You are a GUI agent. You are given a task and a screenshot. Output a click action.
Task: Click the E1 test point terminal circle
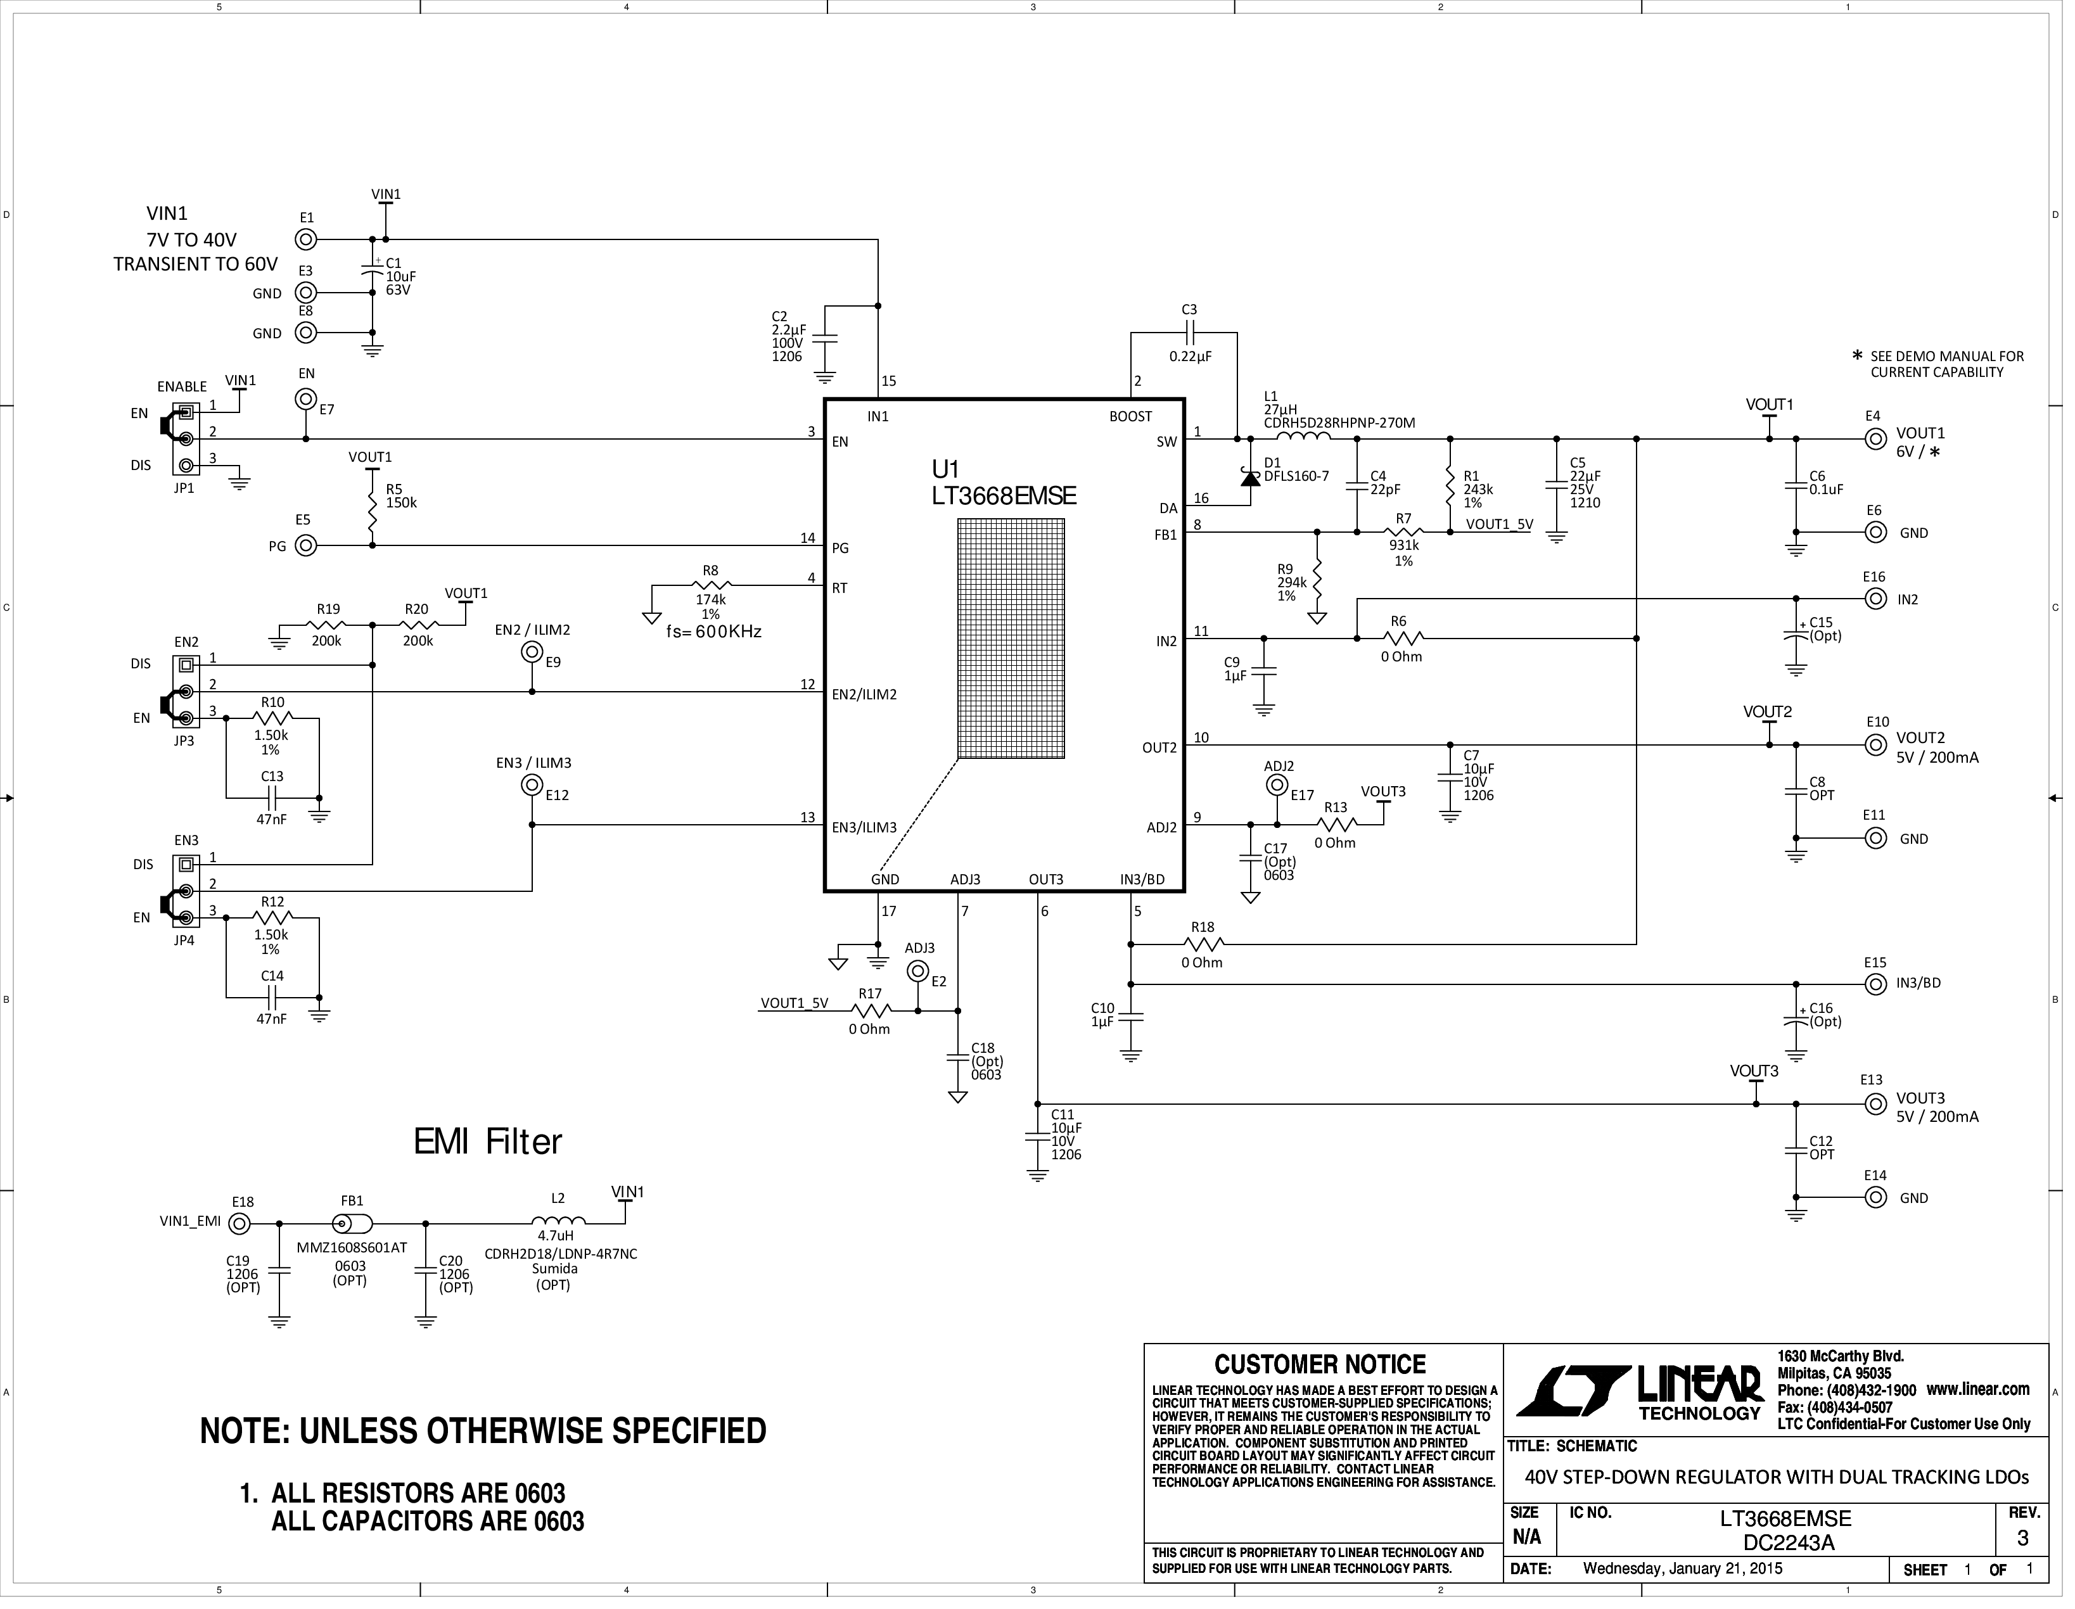coord(306,239)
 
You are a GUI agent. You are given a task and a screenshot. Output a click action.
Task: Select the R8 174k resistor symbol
coord(711,585)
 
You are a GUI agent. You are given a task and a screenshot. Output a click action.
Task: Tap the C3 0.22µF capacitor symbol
coord(1189,333)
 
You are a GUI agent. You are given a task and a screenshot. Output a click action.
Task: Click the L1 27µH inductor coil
coord(1303,437)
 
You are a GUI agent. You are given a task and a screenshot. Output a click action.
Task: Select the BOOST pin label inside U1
coord(1130,417)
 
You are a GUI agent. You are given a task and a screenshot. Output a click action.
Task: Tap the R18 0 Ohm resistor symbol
coord(1204,944)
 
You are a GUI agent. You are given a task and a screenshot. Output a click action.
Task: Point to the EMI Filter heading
coord(487,1142)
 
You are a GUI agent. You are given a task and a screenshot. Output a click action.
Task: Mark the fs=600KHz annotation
coord(713,632)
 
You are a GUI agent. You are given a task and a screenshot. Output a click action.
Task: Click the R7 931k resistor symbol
coord(1403,532)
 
